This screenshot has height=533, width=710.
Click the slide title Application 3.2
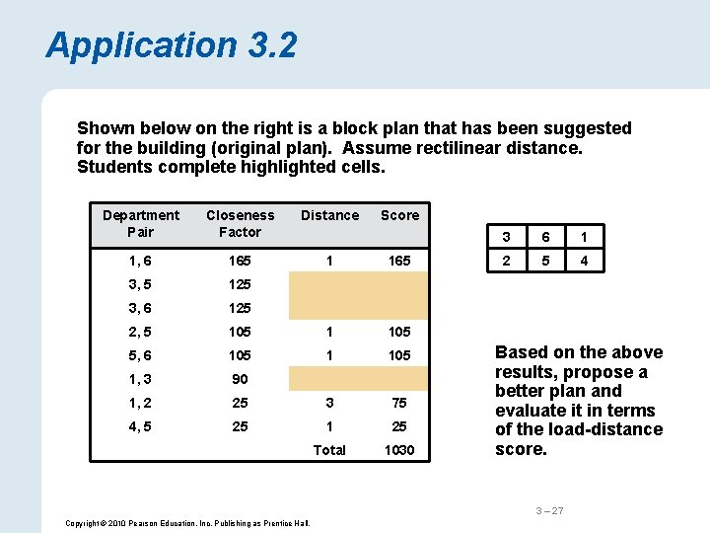point(171,45)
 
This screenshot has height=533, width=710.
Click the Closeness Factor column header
point(240,223)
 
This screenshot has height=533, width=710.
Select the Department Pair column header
point(141,223)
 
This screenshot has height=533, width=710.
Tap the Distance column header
point(329,215)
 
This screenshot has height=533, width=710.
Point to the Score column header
point(399,215)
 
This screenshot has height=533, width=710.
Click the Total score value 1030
point(399,450)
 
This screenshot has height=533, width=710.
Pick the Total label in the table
point(329,450)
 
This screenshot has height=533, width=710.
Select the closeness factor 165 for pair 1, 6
point(240,261)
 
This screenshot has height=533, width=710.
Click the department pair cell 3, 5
point(141,284)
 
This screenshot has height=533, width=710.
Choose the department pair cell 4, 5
point(141,426)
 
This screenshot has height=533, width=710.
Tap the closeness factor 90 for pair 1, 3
point(240,379)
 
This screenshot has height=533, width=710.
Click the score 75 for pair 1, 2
point(399,403)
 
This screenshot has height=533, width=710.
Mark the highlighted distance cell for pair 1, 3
point(329,378)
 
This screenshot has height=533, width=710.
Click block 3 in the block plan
point(506,237)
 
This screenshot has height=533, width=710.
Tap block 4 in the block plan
point(584,262)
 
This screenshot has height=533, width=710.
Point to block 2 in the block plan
point(506,262)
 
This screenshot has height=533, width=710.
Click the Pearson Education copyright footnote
point(188,522)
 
